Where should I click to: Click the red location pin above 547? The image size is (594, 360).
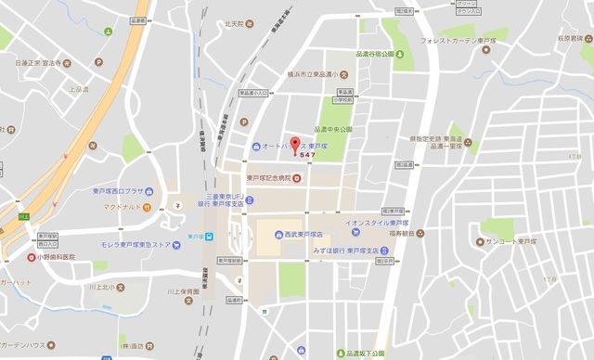point(296,146)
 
